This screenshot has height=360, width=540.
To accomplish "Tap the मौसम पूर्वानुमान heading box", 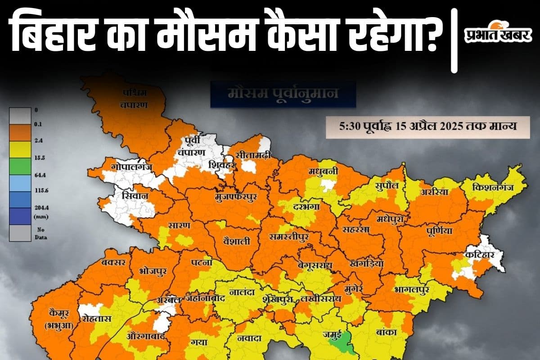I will click(283, 95).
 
